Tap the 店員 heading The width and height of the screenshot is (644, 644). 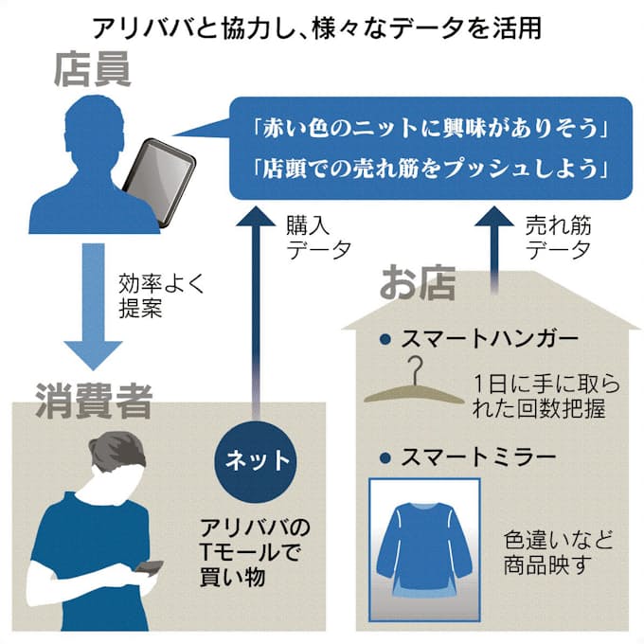click(x=92, y=72)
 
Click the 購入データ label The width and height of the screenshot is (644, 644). click(x=318, y=238)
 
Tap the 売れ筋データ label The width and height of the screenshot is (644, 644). click(x=558, y=238)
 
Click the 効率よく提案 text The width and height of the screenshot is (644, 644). click(x=160, y=295)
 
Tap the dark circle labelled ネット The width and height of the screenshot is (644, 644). click(x=257, y=462)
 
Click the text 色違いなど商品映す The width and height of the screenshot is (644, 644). click(x=558, y=553)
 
